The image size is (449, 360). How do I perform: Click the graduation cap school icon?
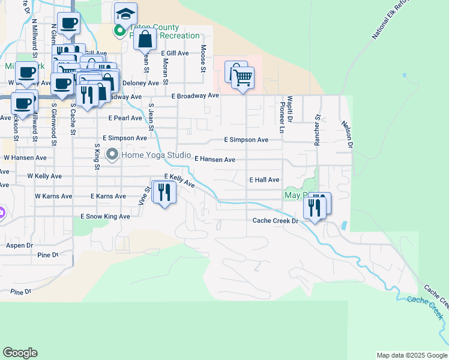pyautogui.click(x=125, y=13)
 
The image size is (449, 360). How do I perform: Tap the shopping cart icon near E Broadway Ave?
pyautogui.click(x=243, y=77)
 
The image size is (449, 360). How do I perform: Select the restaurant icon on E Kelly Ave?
pyautogui.click(x=164, y=192)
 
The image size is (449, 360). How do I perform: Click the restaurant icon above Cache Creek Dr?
pyautogui.click(x=315, y=208)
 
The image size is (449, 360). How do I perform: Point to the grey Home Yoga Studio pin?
pyautogui.click(x=112, y=155)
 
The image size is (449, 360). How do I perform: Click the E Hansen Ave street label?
pyautogui.click(x=215, y=160)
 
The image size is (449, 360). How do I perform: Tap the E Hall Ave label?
pyautogui.click(x=264, y=180)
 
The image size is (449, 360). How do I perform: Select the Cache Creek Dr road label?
pyautogui.click(x=275, y=221)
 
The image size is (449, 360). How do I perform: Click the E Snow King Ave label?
pyautogui.click(x=105, y=216)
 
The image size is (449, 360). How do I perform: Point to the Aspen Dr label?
pyautogui.click(x=20, y=246)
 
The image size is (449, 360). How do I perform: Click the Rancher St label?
pyautogui.click(x=318, y=131)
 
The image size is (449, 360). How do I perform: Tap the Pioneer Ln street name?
pyautogui.click(x=282, y=118)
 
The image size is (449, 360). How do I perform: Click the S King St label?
pyautogui.click(x=97, y=156)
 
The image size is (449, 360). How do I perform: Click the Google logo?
pyautogui.click(x=20, y=353)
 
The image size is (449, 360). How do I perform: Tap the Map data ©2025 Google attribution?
pyautogui.click(x=411, y=355)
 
